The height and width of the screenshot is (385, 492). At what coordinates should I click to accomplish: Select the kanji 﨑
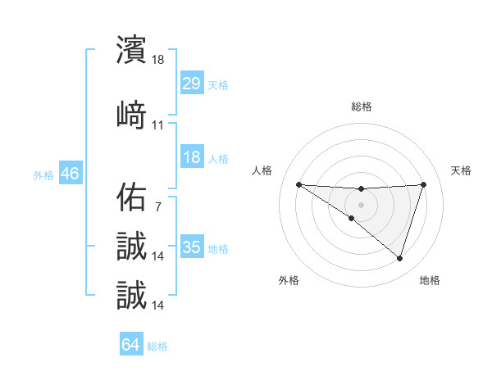tap(131, 115)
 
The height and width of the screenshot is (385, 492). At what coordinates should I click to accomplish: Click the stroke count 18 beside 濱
tap(158, 60)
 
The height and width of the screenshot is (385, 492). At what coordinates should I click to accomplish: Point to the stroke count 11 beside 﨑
tap(158, 125)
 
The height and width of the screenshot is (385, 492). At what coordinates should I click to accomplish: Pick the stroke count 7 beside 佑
tap(158, 207)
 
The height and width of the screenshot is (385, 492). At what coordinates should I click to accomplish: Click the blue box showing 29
tap(192, 84)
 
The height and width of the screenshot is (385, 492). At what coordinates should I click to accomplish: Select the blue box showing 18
tap(192, 157)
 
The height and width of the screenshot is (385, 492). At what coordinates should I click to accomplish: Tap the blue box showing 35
tap(192, 247)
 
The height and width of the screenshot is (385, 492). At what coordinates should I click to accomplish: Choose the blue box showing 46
tap(70, 174)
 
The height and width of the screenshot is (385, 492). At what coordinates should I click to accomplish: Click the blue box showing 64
tap(131, 345)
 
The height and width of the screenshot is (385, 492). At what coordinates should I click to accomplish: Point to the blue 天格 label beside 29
tap(218, 84)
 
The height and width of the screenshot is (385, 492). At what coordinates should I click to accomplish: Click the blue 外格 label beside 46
tap(43, 174)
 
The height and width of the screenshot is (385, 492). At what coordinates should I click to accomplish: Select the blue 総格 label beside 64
tap(157, 346)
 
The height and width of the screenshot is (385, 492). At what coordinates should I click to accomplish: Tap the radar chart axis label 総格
tap(362, 106)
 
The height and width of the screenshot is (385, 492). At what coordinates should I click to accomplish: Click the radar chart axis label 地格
tap(430, 281)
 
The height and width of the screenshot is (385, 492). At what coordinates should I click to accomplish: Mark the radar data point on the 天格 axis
tap(424, 184)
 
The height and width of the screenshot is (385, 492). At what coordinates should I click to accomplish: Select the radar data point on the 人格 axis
tap(298, 184)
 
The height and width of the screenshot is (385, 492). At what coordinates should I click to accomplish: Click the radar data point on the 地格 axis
tap(400, 259)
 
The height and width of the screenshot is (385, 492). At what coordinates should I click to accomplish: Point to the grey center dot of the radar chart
tap(361, 204)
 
